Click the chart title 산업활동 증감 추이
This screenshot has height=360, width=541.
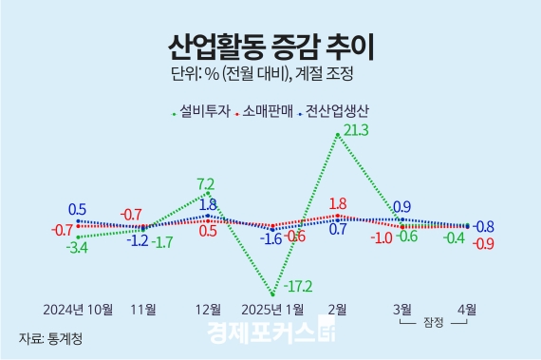(270, 44)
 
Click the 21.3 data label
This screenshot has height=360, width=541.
(357, 129)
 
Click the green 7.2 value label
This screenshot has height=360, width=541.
(205, 183)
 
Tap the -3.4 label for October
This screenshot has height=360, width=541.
(78, 248)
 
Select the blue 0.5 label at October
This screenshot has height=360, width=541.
(78, 209)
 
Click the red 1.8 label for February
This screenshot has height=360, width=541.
(336, 203)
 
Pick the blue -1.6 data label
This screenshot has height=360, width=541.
(271, 238)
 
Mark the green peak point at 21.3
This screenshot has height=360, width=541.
(338, 136)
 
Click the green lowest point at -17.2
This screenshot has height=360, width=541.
(273, 294)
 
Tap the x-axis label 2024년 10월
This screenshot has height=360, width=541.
(78, 310)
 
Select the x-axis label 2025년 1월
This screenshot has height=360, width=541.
(274, 310)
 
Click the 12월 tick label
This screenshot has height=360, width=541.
(208, 310)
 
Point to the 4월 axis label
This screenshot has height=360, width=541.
(467, 309)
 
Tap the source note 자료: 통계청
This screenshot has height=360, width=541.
(50, 337)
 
